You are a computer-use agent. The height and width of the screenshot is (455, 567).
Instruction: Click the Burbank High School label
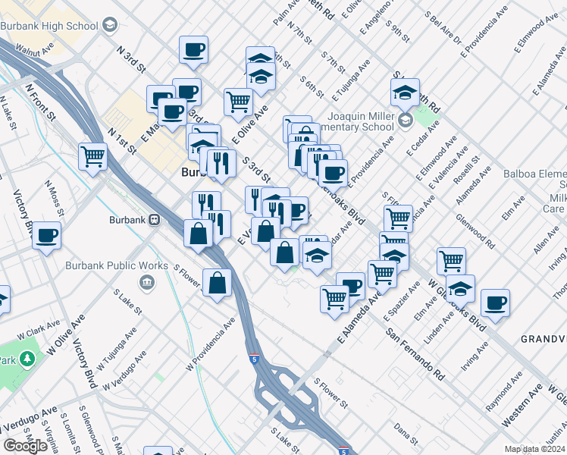pyautogui.click(x=49, y=26)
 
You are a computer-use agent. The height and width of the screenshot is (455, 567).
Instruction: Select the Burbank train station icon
pyautogui.click(x=154, y=220)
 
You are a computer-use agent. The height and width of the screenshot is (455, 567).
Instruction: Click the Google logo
pyautogui.click(x=25, y=446)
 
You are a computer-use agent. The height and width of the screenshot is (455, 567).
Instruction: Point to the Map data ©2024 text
pyautogui.click(x=535, y=449)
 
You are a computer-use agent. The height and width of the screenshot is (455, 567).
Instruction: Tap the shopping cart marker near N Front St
pyautogui.click(x=93, y=156)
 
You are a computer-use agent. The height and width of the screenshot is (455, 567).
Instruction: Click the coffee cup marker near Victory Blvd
pyautogui.click(x=47, y=235)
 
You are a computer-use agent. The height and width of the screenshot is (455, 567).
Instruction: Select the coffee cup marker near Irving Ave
pyautogui.click(x=496, y=303)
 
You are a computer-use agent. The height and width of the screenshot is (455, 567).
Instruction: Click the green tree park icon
pyautogui.click(x=28, y=356)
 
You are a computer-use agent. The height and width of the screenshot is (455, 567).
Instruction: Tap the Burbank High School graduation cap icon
pyautogui.click(x=109, y=26)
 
